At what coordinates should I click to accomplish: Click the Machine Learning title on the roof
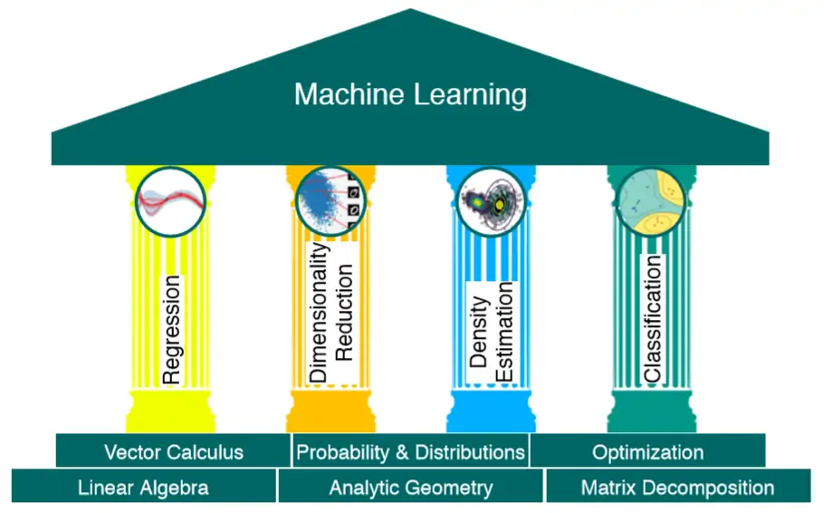[x=410, y=94]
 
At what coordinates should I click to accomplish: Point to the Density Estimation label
[x=492, y=334]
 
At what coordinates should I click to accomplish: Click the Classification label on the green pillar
[x=652, y=317]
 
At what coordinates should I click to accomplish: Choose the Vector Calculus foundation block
[x=173, y=451]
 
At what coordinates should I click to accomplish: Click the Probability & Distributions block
[x=410, y=451]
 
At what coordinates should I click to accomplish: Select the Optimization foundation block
[x=647, y=451]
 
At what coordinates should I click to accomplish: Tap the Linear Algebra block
[x=143, y=488]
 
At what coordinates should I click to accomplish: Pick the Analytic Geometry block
[x=410, y=488]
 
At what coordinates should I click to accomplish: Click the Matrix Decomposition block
[x=677, y=488]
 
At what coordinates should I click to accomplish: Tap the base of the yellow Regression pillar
[x=171, y=412]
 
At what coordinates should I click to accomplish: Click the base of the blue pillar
[x=491, y=412]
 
